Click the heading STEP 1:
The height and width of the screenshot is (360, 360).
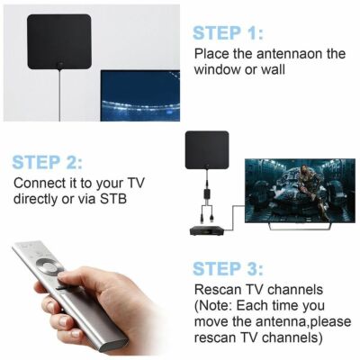click(228, 33)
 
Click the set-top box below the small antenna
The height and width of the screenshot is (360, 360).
click(207, 229)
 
